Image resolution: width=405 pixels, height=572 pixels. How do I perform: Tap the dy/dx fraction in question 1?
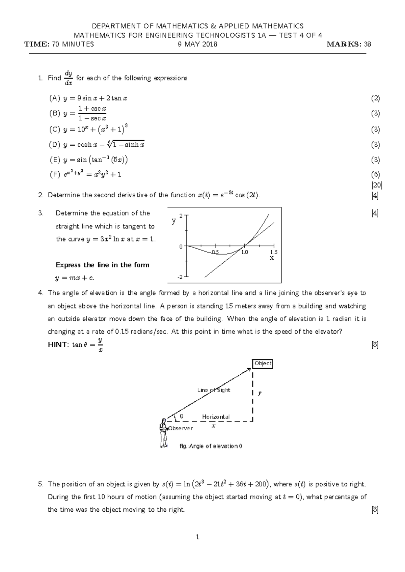[x=68, y=78]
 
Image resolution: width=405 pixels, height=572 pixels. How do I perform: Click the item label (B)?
[x=54, y=114]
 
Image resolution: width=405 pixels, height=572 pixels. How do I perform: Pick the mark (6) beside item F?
[x=375, y=174]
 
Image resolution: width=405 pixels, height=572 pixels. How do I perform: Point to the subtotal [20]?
[x=376, y=185]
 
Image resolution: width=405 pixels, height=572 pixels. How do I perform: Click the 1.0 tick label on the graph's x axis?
[x=244, y=252]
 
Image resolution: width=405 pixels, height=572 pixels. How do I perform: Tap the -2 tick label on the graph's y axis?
[x=180, y=277]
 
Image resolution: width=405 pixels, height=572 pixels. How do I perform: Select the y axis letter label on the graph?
[x=174, y=221]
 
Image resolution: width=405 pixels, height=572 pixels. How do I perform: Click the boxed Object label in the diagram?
[x=263, y=364]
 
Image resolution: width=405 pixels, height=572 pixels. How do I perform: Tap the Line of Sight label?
[x=214, y=390]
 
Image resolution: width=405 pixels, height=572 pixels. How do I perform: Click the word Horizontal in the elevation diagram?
[x=216, y=417]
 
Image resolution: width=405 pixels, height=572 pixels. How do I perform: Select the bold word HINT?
[x=58, y=344]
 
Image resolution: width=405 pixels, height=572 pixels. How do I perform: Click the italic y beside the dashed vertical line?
[x=260, y=393]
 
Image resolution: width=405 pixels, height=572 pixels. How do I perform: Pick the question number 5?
[x=41, y=484]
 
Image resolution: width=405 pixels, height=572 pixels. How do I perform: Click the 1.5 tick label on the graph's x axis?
[x=274, y=252]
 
